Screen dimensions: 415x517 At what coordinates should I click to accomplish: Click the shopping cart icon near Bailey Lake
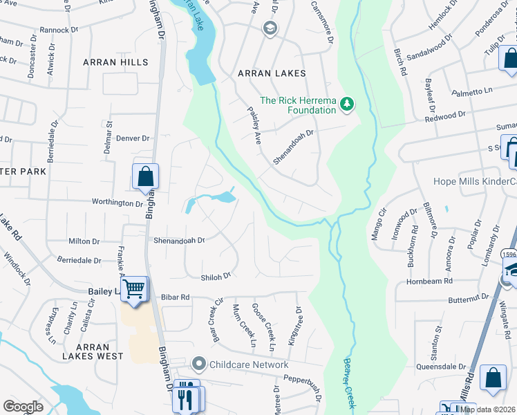pyautogui.click(x=134, y=290)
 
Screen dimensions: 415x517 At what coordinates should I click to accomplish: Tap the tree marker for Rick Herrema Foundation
pyautogui.click(x=347, y=104)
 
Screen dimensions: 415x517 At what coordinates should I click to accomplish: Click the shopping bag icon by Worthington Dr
pyautogui.click(x=145, y=177)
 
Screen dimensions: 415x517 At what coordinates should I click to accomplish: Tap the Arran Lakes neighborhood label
pyautogui.click(x=272, y=73)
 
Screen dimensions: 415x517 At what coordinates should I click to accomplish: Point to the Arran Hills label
pyautogui.click(x=115, y=62)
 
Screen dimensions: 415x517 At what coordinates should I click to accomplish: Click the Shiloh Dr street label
pyautogui.click(x=215, y=277)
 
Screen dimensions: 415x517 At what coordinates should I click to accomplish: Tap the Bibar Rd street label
pyautogui.click(x=175, y=297)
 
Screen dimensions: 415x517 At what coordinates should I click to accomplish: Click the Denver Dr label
pyautogui.click(x=133, y=138)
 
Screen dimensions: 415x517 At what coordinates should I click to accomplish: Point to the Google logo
pyautogui.click(x=23, y=407)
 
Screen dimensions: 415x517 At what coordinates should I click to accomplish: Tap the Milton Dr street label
pyautogui.click(x=84, y=241)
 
